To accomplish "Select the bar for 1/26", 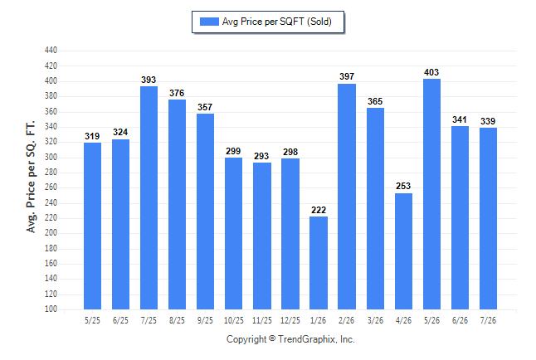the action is click(319, 263).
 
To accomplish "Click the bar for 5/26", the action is click(431, 194).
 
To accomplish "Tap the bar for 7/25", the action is click(149, 198).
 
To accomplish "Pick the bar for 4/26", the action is click(403, 251).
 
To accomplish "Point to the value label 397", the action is click(347, 76).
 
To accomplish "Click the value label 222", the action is click(319, 210).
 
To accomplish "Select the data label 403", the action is click(431, 72).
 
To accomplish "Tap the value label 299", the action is click(233, 151).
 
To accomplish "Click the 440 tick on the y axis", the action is click(51, 51).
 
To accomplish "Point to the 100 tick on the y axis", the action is click(51, 309).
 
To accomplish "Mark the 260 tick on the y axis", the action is click(51, 187).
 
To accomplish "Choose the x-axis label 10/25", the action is click(234, 320).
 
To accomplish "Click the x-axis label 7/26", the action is click(488, 320).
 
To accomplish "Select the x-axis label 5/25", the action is click(92, 320).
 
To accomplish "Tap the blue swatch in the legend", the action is click(209, 22).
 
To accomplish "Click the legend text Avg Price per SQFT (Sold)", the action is click(277, 22).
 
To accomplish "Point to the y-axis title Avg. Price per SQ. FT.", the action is click(31, 177).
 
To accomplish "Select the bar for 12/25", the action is click(290, 234).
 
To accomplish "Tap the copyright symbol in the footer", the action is click(272, 338).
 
